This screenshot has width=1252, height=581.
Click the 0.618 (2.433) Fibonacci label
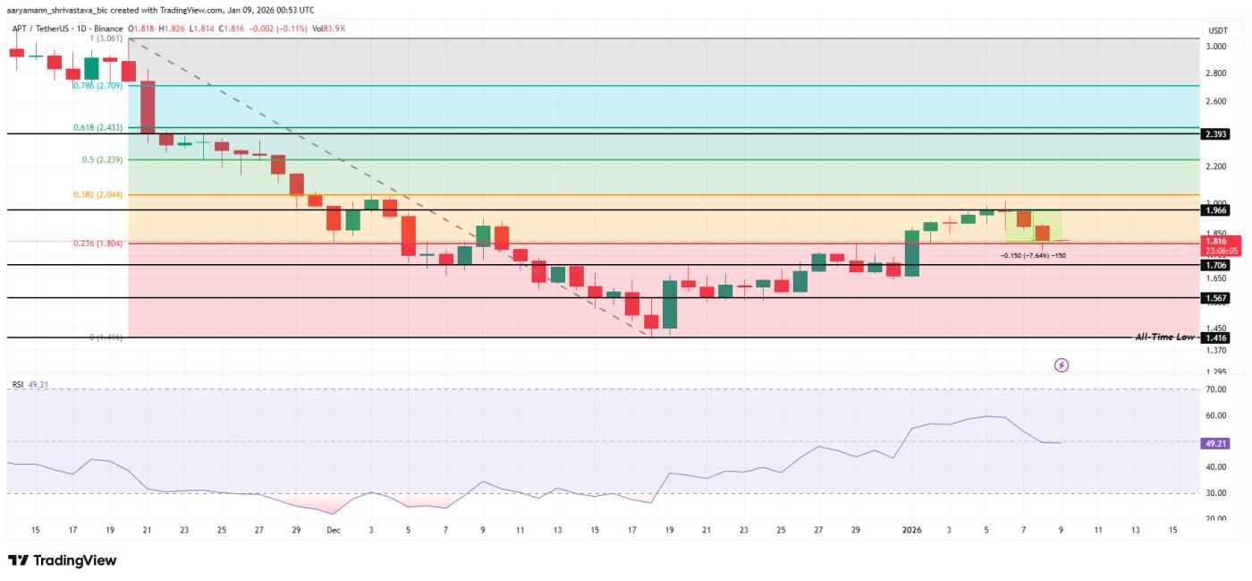97,128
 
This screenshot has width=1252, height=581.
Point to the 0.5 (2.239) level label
103,159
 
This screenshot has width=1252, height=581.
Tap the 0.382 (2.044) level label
97,194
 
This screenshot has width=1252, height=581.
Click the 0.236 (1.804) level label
97,243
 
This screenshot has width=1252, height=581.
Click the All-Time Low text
1164,337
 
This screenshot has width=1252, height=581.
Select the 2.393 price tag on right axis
1217,133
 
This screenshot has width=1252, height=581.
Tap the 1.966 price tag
1217,209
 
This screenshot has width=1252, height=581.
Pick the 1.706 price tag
1217,265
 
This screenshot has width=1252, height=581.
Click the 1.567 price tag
1217,297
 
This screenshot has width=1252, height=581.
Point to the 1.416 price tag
1217,337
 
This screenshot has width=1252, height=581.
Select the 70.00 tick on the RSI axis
1215,389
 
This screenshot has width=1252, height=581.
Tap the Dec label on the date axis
333,530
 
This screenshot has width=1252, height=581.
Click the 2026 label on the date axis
913,530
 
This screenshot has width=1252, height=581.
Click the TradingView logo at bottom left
63,560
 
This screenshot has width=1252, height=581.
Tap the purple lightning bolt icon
1062,365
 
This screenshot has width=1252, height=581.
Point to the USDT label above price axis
1217,30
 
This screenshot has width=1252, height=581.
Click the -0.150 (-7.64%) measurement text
1033,255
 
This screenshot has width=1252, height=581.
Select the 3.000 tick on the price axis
1216,47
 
